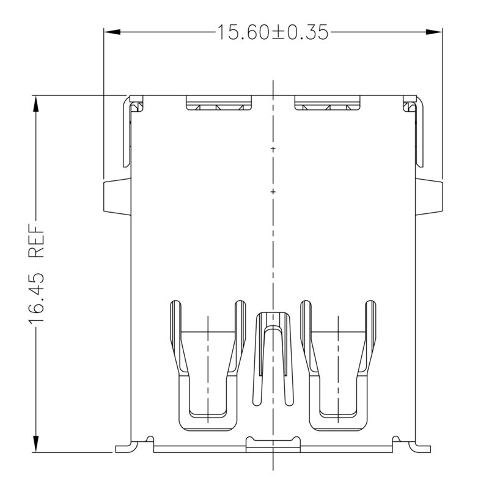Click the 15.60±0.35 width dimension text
coord(273,32)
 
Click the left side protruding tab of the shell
coord(117,197)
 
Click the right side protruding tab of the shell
coord(428,197)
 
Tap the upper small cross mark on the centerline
coord(273,149)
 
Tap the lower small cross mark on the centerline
coord(273,193)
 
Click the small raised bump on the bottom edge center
coord(273,441)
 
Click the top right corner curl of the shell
coord(408,106)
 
